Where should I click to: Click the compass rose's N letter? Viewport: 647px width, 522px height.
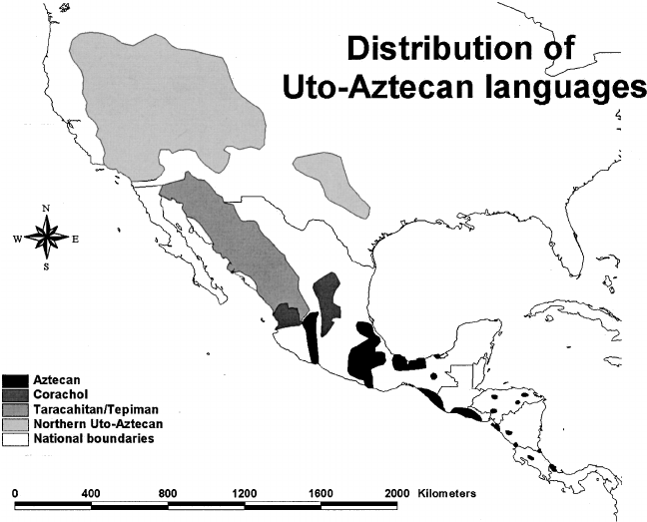coord(46,210)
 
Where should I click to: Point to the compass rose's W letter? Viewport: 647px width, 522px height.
coord(17,239)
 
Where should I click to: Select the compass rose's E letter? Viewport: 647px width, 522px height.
coord(74,239)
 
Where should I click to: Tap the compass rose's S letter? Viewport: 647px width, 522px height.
coord(46,266)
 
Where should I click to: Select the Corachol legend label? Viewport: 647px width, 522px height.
coord(57,395)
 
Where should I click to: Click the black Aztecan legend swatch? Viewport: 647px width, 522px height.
coord(15,380)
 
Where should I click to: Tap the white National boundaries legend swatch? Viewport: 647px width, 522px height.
coord(15,440)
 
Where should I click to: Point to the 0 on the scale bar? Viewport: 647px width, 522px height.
coord(16,494)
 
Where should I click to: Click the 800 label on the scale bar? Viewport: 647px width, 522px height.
coord(168,494)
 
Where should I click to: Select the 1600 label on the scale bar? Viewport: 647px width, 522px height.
coord(320,494)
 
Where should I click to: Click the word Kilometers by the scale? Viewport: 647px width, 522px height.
coord(448,494)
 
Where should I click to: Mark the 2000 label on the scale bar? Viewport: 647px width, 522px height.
coord(396,494)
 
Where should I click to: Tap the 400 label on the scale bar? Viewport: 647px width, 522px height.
coord(92,494)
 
